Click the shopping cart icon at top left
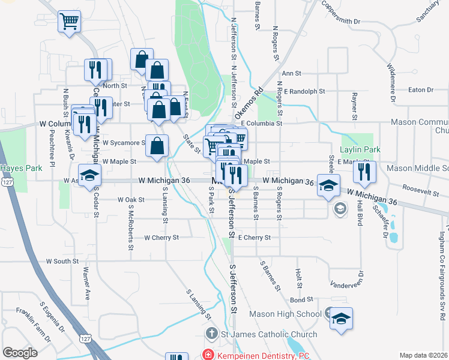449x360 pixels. click(70, 22)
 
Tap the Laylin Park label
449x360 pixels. click(361, 149)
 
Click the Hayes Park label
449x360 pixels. click(20, 169)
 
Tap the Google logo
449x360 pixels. click(20, 353)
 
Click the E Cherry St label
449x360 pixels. click(255, 238)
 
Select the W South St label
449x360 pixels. click(62, 262)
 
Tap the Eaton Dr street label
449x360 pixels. click(420, 90)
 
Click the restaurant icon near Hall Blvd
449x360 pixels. click(364, 172)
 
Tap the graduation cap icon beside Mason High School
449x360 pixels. click(341, 319)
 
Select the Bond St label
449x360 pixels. click(301, 299)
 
